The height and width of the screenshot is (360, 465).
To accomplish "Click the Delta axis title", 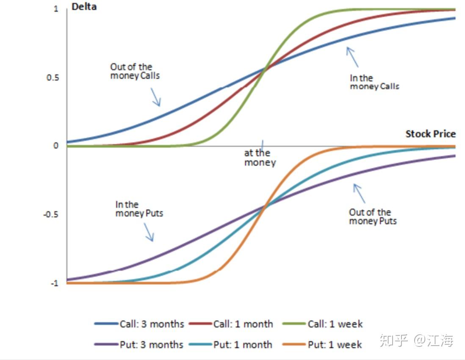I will pyautogui.click(x=84, y=6).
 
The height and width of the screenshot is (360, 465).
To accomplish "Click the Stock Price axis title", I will pyautogui.click(x=430, y=134).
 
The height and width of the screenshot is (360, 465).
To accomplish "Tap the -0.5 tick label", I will pyautogui.click(x=51, y=214).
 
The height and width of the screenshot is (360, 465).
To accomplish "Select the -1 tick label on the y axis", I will pyautogui.click(x=54, y=283).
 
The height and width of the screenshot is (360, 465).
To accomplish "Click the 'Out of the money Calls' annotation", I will pyautogui.click(x=135, y=71).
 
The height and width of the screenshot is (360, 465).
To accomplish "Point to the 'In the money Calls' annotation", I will pyautogui.click(x=374, y=82).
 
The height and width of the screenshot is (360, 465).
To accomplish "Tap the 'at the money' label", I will pyautogui.click(x=259, y=157).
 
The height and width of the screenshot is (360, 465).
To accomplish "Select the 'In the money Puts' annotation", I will pyautogui.click(x=139, y=209).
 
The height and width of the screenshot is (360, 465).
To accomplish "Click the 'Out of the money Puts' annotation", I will pyautogui.click(x=372, y=216).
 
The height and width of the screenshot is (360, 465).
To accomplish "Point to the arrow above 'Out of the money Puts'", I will pyautogui.click(x=359, y=193).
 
